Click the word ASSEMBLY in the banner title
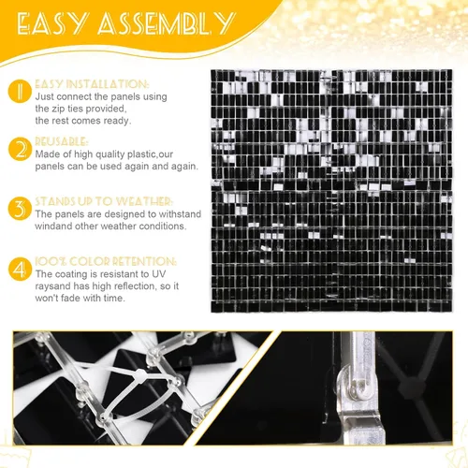(x=166, y=23)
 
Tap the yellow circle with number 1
(x=20, y=91)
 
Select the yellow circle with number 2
(x=20, y=149)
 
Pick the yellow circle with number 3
(x=20, y=209)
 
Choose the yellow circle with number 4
(x=20, y=269)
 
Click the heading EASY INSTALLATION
(x=92, y=84)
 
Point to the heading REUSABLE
(x=61, y=141)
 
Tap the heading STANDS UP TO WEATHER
(x=103, y=201)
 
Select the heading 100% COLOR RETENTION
(x=106, y=261)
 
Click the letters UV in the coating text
(x=159, y=274)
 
